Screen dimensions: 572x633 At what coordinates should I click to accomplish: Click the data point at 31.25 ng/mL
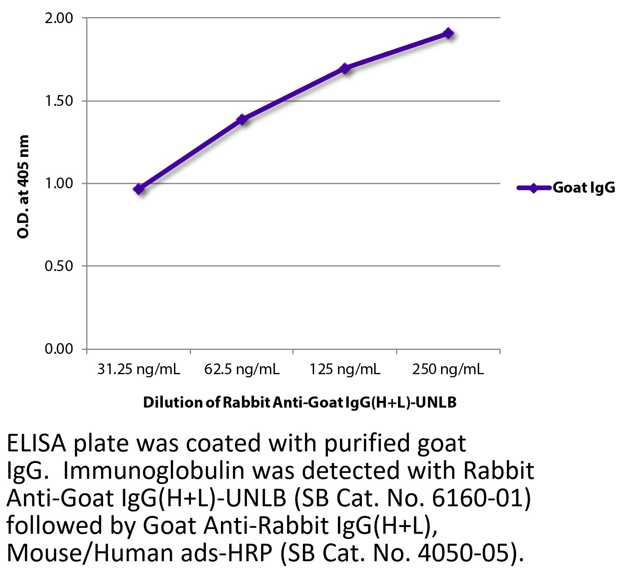click(139, 189)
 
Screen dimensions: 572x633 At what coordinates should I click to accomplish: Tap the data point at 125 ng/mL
click(345, 68)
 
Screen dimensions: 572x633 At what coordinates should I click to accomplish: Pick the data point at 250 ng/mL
click(448, 33)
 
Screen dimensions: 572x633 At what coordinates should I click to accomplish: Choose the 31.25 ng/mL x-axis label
click(139, 370)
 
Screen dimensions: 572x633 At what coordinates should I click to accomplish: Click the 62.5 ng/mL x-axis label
click(242, 370)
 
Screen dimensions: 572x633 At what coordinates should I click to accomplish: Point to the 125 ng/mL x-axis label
click(345, 370)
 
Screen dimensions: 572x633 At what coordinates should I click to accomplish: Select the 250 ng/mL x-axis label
click(448, 370)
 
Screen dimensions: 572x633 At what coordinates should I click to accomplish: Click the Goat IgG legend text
click(584, 187)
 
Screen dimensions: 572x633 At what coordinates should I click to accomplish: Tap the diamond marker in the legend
click(533, 188)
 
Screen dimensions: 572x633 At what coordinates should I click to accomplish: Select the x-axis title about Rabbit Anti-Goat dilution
click(299, 403)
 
